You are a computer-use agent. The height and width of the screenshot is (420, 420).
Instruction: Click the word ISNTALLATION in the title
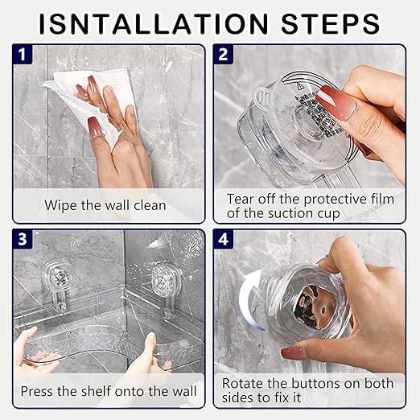tap(154, 23)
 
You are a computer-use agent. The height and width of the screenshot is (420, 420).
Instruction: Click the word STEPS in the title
tap(331, 23)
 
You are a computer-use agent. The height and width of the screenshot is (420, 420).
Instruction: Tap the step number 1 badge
tap(23, 54)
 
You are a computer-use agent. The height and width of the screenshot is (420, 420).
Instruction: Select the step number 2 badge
tap(223, 54)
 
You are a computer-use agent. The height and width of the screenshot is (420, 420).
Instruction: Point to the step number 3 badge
tap(23, 239)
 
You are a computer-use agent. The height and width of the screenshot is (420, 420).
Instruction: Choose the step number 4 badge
tap(223, 239)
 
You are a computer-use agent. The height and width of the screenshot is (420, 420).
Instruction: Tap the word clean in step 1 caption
tap(150, 206)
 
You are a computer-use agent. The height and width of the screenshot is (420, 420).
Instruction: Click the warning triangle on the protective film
tap(300, 86)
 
